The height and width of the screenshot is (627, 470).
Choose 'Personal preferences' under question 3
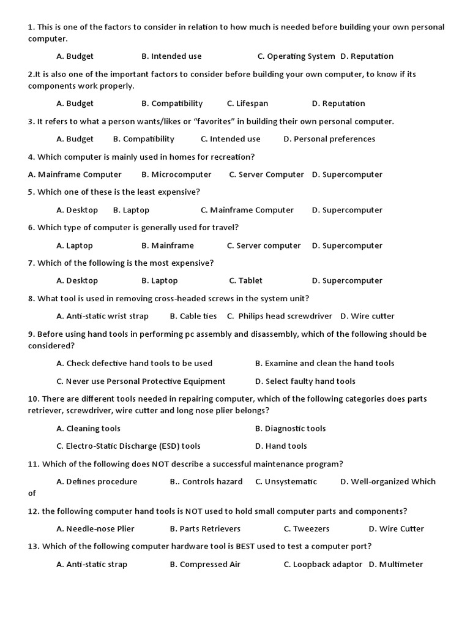pos(334,139)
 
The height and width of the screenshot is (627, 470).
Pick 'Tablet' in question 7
pos(250,280)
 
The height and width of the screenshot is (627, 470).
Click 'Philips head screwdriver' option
pos(285,316)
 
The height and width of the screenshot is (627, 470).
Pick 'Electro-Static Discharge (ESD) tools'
pos(133,446)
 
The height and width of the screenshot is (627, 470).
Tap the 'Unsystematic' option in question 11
pos(291,481)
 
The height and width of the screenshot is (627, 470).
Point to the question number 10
pos(33,399)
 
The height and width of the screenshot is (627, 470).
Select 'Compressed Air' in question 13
pos(210,564)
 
